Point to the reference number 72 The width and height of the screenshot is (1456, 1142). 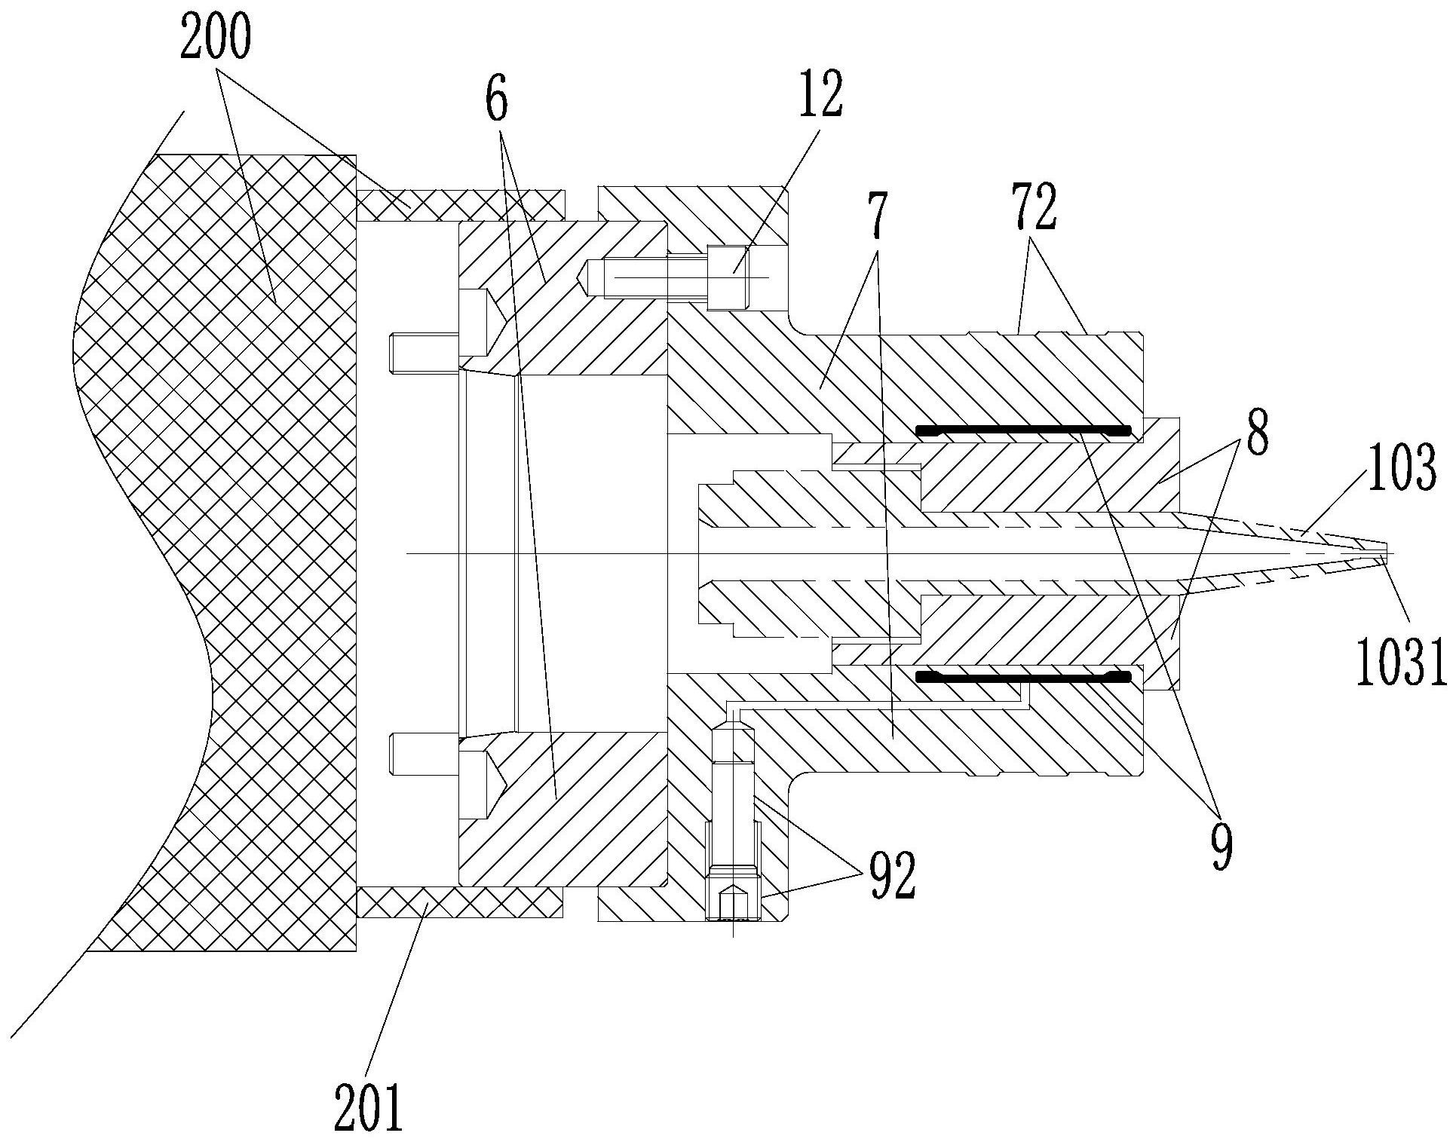pos(1035,209)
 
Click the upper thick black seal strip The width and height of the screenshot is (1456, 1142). pos(1023,431)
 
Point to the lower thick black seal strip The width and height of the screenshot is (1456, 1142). pos(1023,677)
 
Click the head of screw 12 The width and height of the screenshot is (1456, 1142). pos(728,277)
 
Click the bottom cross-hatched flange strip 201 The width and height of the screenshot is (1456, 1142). pos(460,902)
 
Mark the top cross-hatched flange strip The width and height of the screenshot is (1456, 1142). pos(460,204)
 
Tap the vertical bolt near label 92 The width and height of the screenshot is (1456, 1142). pos(733,829)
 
